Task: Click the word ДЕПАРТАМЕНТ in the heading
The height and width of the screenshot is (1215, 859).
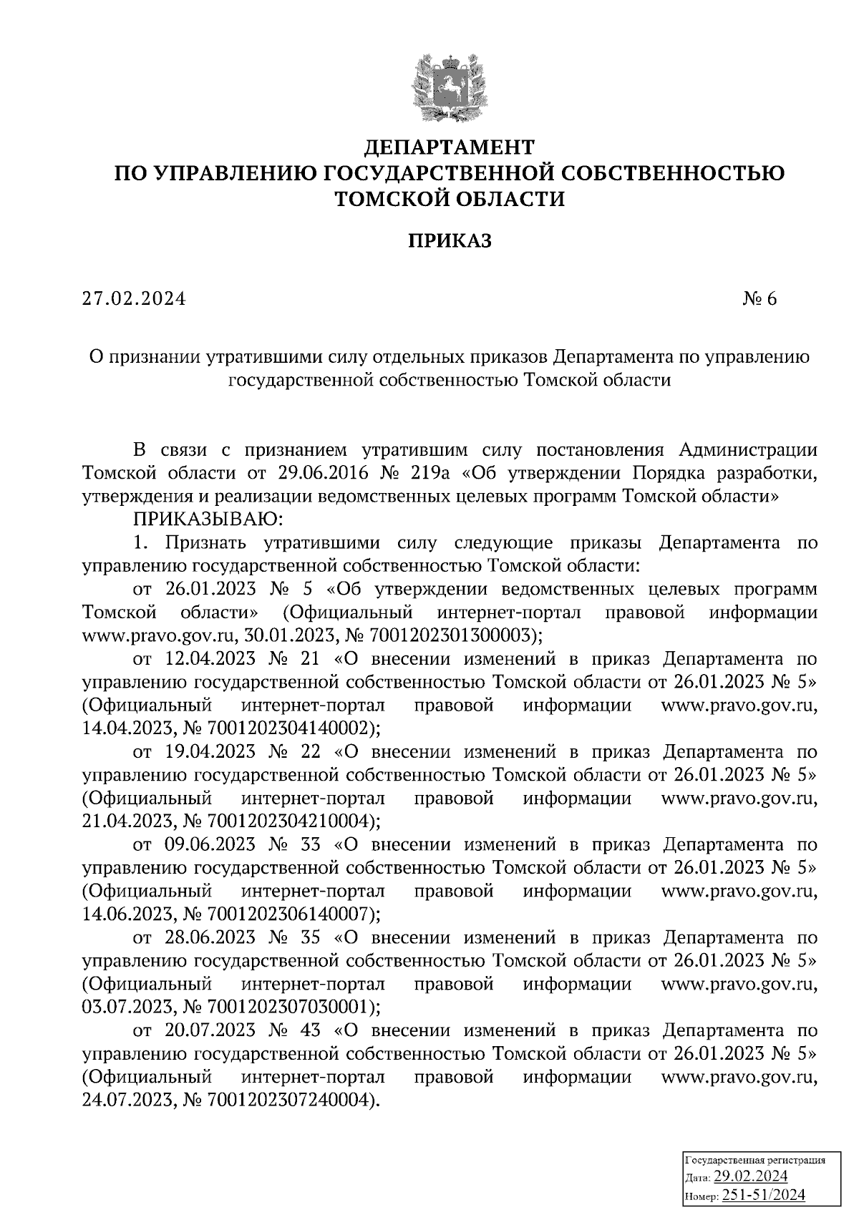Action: coord(450,147)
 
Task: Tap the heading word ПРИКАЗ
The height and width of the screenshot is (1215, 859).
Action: coord(450,241)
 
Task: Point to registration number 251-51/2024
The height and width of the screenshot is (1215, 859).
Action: coord(764,1195)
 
